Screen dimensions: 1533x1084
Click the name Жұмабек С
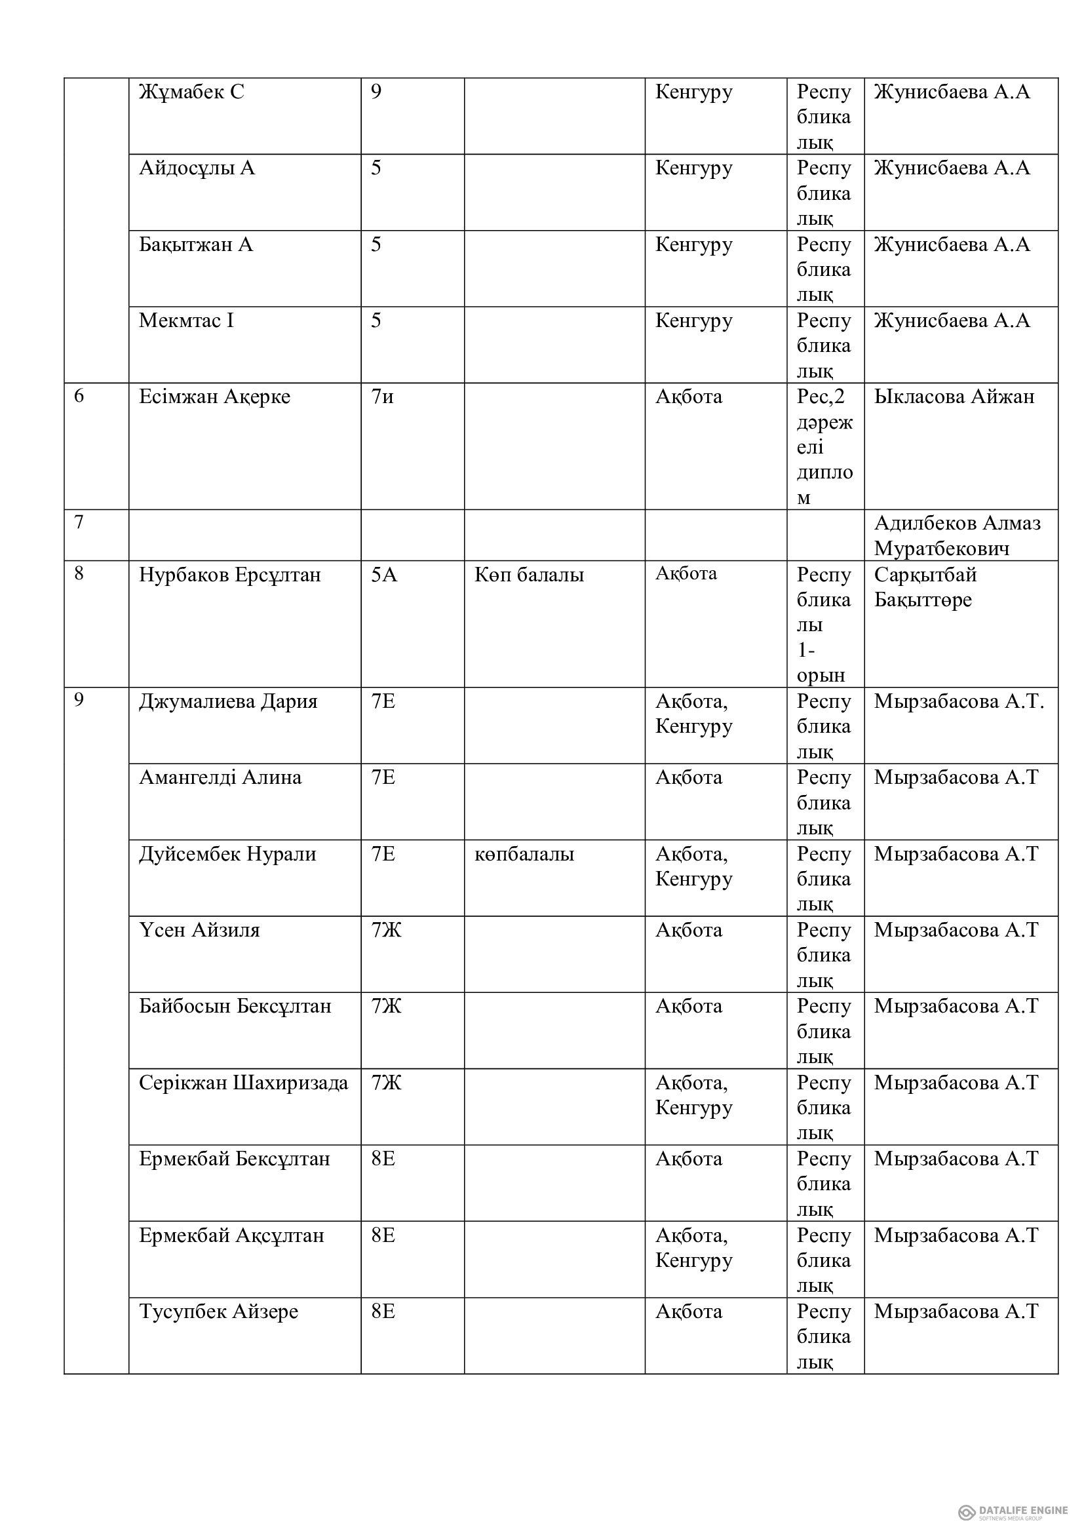[191, 92]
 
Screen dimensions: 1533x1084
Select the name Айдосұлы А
[197, 168]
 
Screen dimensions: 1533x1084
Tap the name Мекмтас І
[186, 321]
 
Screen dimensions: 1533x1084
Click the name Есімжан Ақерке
[214, 397]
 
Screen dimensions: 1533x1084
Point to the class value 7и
[383, 397]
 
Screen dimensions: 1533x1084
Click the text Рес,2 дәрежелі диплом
[824, 447]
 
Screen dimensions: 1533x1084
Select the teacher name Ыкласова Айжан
[954, 397]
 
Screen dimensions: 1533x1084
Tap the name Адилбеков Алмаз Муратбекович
[956, 535]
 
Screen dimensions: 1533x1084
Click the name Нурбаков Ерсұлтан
[229, 575]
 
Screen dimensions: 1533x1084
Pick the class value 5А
[384, 575]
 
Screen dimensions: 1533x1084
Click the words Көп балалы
[529, 575]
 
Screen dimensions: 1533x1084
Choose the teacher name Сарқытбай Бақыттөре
[925, 587]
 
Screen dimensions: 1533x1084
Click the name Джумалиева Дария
[228, 702]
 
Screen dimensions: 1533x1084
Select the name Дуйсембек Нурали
[227, 855]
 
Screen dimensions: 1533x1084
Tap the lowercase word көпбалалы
[524, 855]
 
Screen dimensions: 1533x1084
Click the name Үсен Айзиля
[199, 931]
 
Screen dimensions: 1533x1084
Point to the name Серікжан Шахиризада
[244, 1083]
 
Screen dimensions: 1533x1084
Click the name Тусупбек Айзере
[218, 1312]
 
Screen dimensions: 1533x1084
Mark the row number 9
[79, 701]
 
